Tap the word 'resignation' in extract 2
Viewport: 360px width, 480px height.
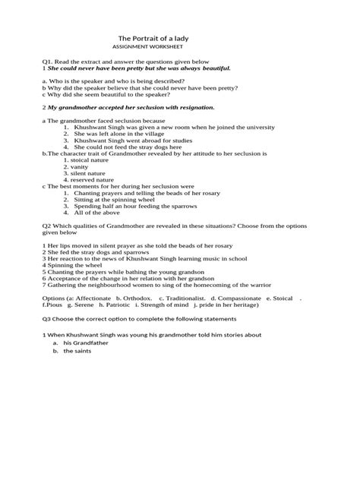click(x=194, y=107)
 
